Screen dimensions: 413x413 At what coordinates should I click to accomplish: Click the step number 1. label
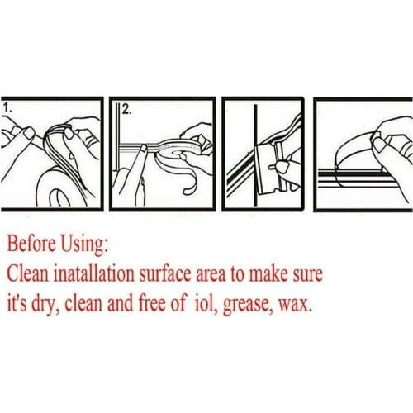coord(7,108)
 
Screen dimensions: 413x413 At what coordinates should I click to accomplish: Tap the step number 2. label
coord(126,110)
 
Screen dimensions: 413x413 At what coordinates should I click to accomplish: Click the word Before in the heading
coord(31,244)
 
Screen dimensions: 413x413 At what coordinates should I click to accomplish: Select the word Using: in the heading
coord(84,244)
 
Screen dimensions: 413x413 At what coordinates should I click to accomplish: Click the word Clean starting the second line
coord(27,273)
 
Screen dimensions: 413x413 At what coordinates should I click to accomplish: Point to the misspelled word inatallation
coord(93,273)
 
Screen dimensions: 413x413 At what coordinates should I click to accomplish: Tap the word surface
coord(165,273)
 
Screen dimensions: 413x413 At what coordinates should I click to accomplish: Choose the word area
coord(211,276)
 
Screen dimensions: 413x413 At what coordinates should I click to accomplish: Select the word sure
coord(306,276)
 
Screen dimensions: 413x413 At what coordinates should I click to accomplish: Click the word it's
coord(17,303)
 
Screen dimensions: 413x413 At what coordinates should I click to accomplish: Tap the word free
coord(152,303)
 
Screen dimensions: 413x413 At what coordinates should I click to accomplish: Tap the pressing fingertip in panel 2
coord(143,149)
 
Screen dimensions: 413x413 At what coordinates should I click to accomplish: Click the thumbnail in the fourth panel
coord(380,145)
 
